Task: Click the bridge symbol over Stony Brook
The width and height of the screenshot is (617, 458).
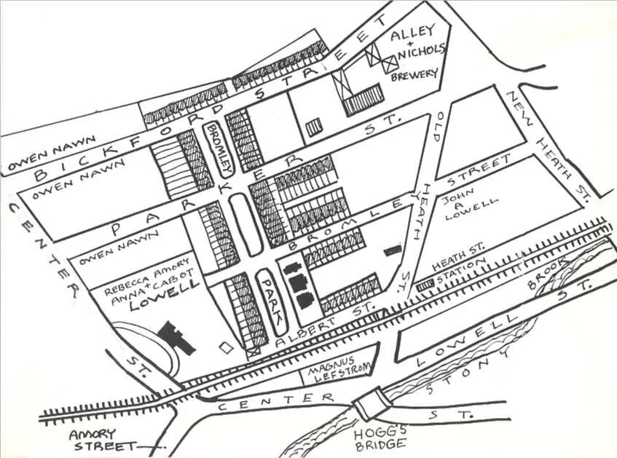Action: click(x=370, y=400)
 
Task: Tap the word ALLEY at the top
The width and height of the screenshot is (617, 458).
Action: click(x=412, y=32)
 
